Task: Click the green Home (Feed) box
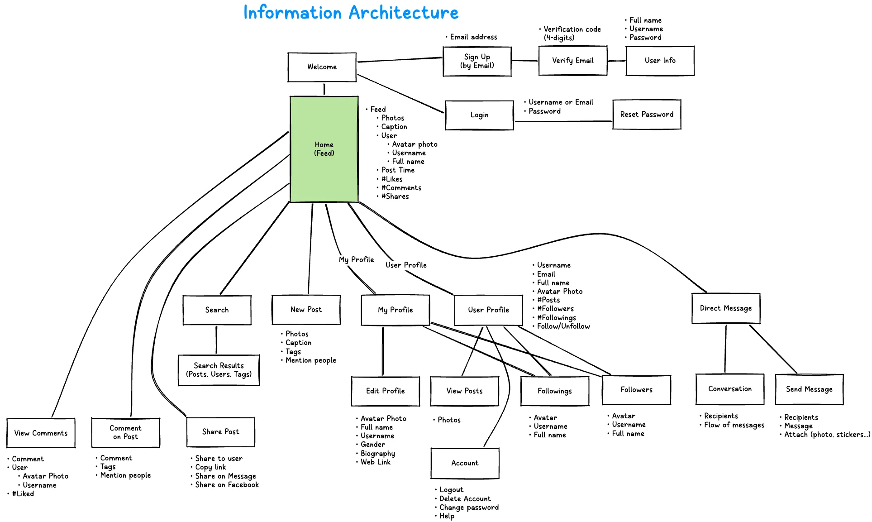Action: click(x=324, y=149)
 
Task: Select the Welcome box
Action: click(x=322, y=67)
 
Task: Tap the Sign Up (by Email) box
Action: click(x=477, y=61)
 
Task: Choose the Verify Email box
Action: click(x=572, y=61)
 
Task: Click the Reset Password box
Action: click(x=646, y=115)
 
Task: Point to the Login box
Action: click(x=479, y=115)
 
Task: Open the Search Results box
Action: click(x=219, y=370)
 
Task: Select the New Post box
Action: click(x=306, y=310)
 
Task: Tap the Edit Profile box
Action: click(x=385, y=391)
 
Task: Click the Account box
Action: click(x=465, y=463)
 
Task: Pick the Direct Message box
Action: click(x=725, y=308)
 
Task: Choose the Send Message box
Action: click(x=809, y=389)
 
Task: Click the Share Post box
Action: click(x=220, y=432)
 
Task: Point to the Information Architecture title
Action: click(x=351, y=13)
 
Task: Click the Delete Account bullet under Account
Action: click(x=465, y=499)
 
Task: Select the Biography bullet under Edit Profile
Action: click(x=378, y=454)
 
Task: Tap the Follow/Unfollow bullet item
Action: click(x=563, y=326)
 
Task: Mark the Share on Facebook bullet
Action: click(x=227, y=485)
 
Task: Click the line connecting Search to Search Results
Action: click(x=216, y=340)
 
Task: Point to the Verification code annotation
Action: click(x=572, y=34)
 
